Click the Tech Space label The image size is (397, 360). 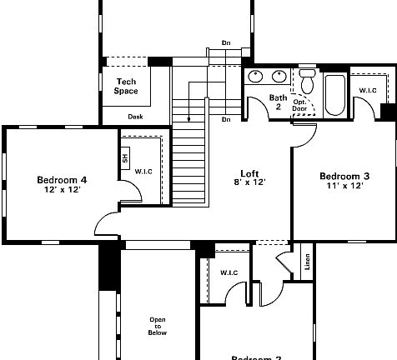(126, 86)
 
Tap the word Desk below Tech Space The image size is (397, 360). (135, 117)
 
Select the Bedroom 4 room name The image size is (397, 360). (62, 179)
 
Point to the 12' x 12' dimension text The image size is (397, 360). (62, 189)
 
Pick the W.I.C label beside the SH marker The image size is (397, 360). (143, 172)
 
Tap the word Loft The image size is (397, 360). (248, 172)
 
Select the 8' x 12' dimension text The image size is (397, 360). (248, 182)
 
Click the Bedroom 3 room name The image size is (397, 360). (344, 176)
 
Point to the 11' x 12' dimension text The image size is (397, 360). (344, 186)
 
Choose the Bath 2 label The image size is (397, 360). (278, 102)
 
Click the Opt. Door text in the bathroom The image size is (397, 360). (299, 104)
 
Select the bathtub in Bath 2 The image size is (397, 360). (334, 96)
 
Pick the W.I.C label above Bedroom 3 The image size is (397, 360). (368, 90)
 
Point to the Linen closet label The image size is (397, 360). (307, 262)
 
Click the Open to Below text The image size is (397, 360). (158, 326)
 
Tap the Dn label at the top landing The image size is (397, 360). (226, 42)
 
